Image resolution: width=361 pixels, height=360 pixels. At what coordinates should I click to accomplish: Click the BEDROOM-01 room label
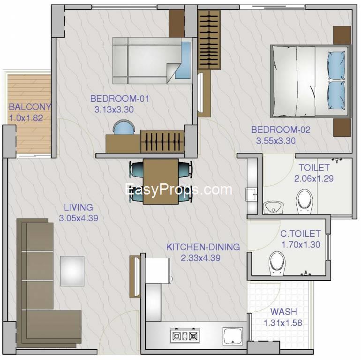pos(120,98)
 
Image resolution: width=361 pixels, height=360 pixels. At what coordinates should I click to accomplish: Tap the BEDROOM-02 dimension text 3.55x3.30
pos(276,141)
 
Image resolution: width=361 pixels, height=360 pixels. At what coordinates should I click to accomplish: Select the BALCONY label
pos(30,107)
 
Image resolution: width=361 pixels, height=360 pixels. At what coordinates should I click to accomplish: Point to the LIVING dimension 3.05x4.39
pos(78,218)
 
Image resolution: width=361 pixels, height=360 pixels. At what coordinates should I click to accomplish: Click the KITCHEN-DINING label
pos(203,247)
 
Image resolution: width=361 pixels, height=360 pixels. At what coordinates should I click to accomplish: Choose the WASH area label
pos(284,312)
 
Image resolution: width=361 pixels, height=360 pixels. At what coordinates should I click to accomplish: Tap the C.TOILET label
pos(301,233)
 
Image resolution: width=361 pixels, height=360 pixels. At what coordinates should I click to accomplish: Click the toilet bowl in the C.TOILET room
pos(277,263)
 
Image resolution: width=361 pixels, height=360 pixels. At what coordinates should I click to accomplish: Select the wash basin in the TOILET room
pos(273,207)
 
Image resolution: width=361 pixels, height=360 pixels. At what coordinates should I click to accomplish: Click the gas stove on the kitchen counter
pos(185,336)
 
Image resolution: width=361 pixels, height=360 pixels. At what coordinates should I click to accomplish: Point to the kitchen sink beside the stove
pos(233,336)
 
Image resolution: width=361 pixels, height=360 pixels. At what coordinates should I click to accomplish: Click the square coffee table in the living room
pos(72,271)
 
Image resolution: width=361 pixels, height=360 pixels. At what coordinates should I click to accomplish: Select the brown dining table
pos(161,181)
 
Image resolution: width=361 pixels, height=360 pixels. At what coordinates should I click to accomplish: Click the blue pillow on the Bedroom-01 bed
pos(183,60)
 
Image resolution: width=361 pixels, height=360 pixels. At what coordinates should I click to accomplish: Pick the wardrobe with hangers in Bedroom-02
pos(209,40)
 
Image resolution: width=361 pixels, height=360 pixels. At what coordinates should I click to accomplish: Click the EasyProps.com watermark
pos(179,190)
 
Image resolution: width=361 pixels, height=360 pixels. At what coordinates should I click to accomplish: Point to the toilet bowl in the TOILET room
pos(304,202)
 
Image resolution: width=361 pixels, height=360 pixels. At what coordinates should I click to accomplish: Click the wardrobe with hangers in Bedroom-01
pos(162,142)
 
